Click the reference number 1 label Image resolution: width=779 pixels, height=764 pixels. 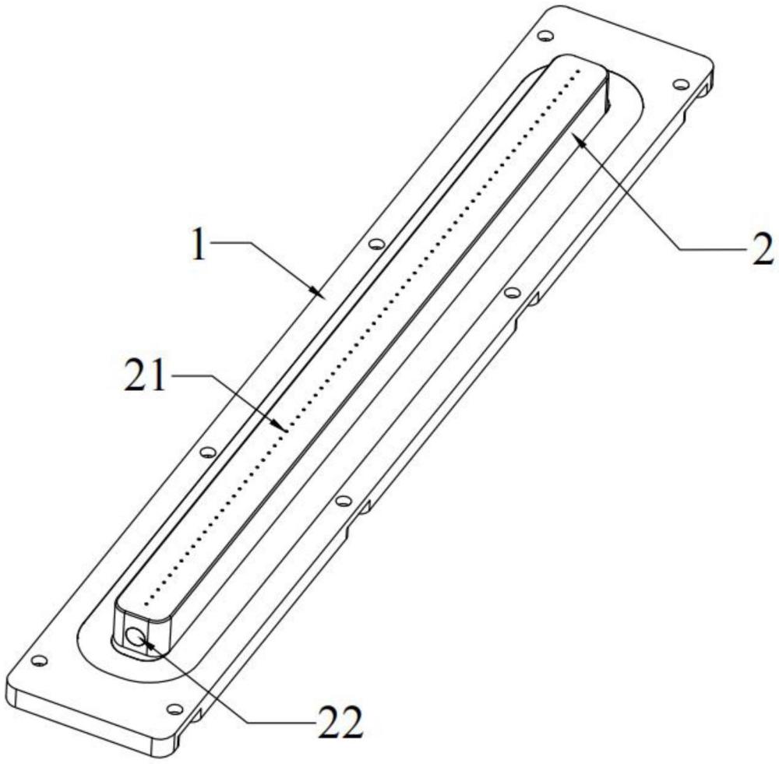(x=199, y=244)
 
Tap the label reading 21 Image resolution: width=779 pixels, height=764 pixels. (x=144, y=376)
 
